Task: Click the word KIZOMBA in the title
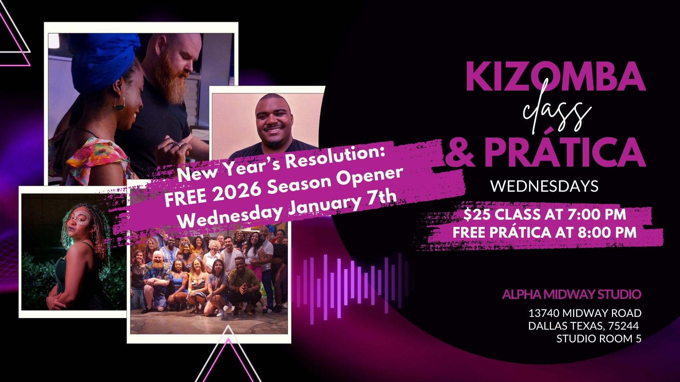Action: (556, 77)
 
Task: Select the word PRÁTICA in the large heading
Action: (565, 150)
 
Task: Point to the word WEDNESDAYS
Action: (544, 186)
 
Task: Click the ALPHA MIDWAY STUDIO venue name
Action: (572, 294)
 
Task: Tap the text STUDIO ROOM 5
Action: (599, 338)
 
